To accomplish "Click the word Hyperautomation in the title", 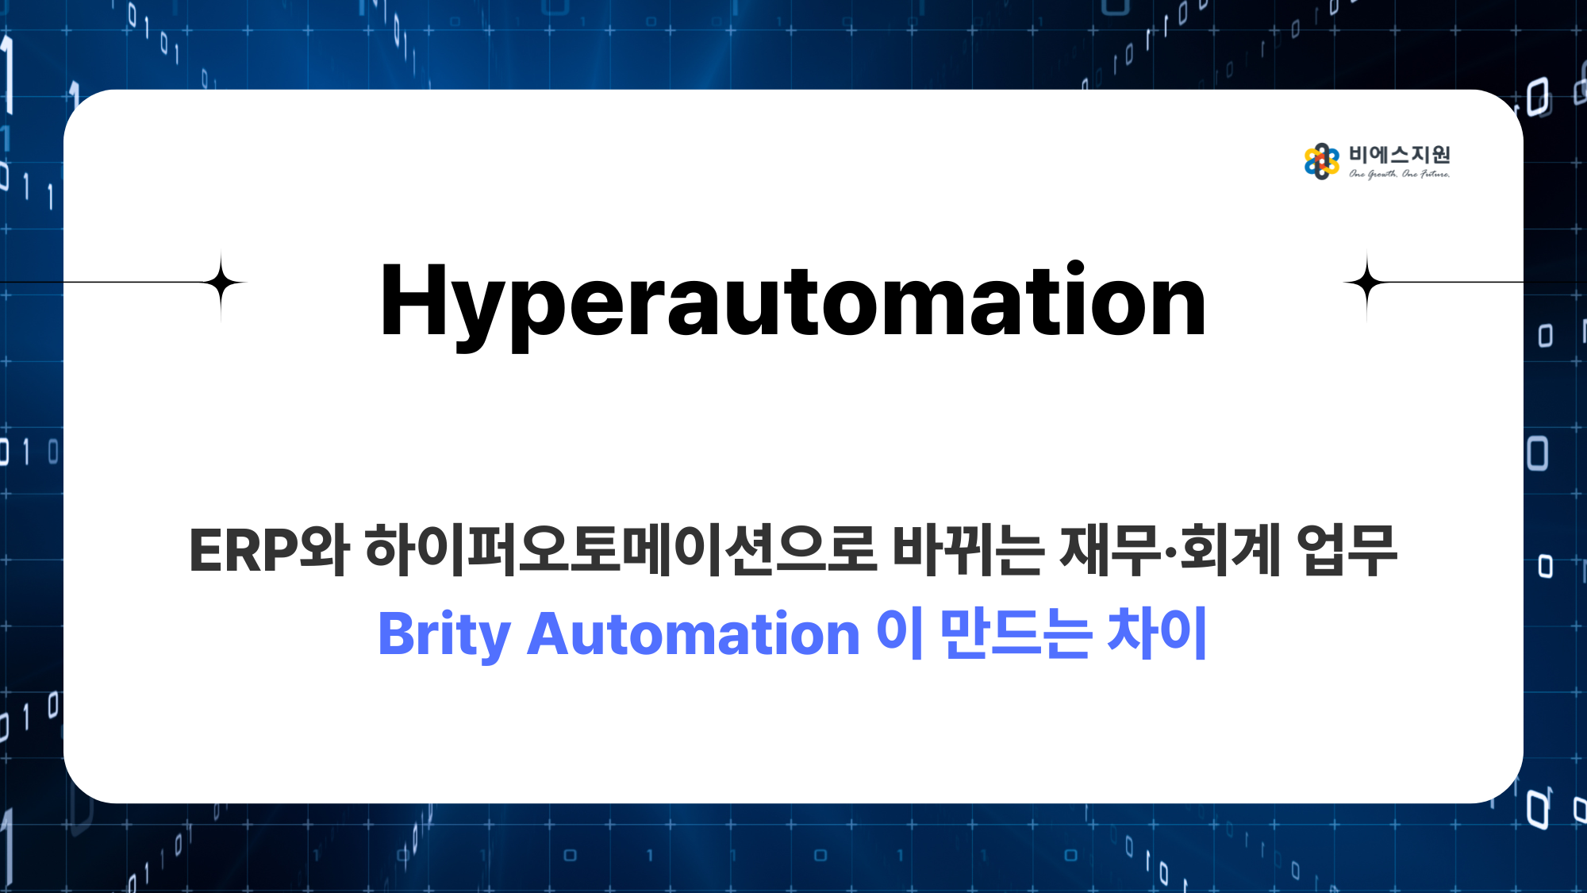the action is (x=793, y=304).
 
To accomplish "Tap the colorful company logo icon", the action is (x=1321, y=161).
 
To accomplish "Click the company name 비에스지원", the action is (x=1400, y=155).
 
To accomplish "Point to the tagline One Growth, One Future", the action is (x=1400, y=174).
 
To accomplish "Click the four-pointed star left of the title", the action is (x=221, y=283).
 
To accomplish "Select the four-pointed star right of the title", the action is (x=1366, y=283).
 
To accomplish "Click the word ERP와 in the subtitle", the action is (x=269, y=549).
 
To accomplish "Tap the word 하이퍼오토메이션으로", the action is (x=621, y=549).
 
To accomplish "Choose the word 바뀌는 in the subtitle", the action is (x=968, y=549).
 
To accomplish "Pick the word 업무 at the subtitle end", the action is (x=1347, y=549).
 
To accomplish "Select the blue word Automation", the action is (x=694, y=634).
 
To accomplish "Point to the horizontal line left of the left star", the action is (x=131, y=283).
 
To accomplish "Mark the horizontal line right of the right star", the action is (x=1457, y=283).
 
